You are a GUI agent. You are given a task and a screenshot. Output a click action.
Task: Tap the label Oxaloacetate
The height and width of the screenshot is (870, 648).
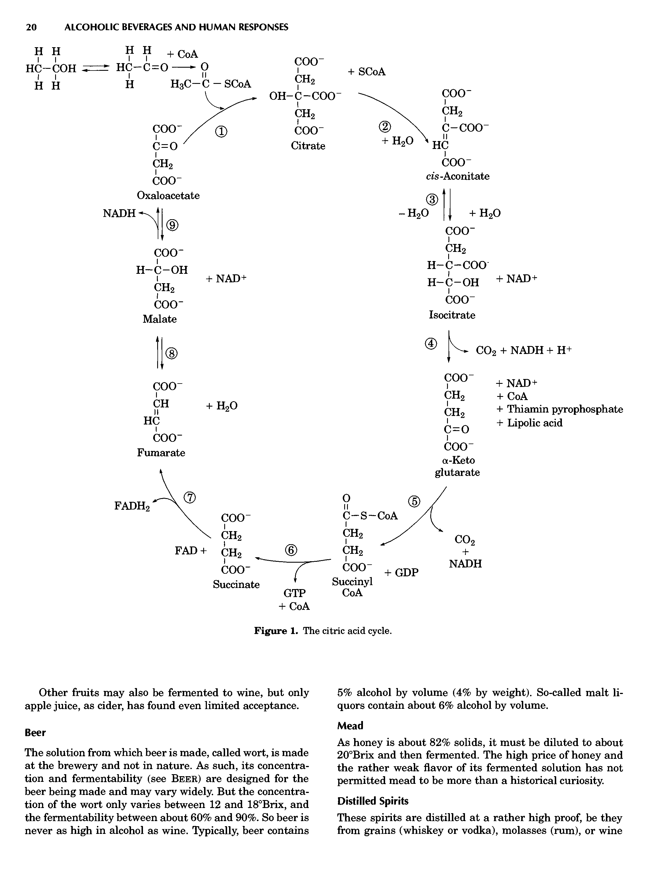point(168,195)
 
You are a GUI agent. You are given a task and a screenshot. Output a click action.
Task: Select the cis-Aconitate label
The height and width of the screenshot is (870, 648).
point(458,176)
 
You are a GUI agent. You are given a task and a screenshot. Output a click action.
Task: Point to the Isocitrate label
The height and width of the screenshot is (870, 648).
point(452,315)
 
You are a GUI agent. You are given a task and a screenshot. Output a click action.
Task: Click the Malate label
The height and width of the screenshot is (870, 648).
point(160,319)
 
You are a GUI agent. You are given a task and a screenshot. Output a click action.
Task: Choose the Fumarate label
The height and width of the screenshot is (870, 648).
point(161,453)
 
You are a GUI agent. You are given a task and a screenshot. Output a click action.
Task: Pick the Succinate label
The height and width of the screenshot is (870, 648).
point(236,585)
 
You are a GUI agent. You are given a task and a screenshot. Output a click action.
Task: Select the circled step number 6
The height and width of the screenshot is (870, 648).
point(291,550)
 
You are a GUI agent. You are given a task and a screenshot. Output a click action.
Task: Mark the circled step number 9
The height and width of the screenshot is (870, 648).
point(173,225)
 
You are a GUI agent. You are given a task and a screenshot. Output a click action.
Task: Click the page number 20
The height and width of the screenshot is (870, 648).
point(31,27)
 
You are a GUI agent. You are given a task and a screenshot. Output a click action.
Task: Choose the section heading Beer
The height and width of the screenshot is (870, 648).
point(35,733)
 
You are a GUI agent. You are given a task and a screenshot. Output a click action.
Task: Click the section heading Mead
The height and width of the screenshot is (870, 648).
point(350,726)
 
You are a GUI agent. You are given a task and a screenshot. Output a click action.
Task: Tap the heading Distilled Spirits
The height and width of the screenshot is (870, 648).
point(373,801)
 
